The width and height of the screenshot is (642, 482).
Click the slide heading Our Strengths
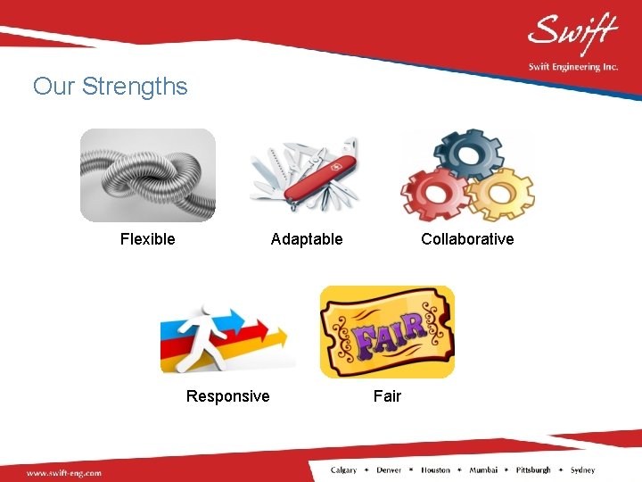[111, 87]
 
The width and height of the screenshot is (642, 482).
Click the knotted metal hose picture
[148, 175]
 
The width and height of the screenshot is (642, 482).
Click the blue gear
[468, 154]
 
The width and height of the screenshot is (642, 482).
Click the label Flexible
[148, 239]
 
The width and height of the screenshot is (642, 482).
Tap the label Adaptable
[307, 239]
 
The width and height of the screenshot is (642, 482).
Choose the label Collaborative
[467, 239]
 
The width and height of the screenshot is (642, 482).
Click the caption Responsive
[227, 396]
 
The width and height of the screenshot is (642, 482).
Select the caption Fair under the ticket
[387, 396]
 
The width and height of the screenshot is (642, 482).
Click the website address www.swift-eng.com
[64, 472]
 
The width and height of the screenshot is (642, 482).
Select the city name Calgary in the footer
[344, 470]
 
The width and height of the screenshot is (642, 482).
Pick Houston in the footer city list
[436, 470]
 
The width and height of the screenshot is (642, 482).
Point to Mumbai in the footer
[485, 470]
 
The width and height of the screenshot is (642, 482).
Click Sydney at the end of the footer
[582, 470]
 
